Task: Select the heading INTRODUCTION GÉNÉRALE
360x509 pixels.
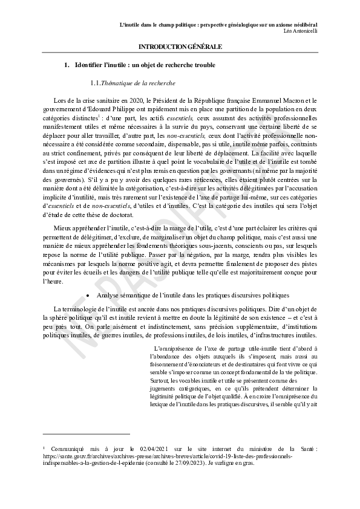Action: coord(180,47)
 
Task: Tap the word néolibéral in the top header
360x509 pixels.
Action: coord(304,24)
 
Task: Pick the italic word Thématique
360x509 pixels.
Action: coord(118,82)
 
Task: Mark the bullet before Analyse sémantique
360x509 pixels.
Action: coord(89,295)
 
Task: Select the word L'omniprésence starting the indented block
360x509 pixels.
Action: coord(175,348)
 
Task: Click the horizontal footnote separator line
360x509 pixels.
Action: coord(87,433)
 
